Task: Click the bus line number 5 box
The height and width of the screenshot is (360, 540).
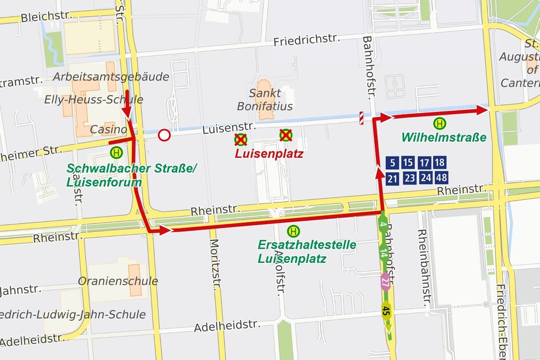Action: (392, 163)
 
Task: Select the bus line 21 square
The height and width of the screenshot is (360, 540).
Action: (392, 178)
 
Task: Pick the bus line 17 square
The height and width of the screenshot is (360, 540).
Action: (425, 163)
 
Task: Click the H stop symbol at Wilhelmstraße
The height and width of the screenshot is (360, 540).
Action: (440, 122)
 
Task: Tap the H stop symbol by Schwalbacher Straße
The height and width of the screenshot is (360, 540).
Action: (117, 152)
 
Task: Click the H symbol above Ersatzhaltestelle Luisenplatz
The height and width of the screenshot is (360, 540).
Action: (293, 231)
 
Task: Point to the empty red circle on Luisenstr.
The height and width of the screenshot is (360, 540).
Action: (164, 135)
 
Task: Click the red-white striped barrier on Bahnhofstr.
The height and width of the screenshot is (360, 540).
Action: (361, 117)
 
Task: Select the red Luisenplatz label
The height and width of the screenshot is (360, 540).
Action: (269, 154)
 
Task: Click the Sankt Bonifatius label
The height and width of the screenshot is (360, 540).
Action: (265, 100)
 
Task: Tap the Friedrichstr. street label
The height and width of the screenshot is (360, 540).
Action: (306, 40)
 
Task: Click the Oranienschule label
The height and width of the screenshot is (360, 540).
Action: (118, 281)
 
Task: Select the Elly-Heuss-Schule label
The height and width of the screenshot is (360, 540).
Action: (93, 100)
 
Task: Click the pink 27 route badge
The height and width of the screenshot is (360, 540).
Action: (385, 281)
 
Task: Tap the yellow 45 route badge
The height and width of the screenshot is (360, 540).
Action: (387, 310)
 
